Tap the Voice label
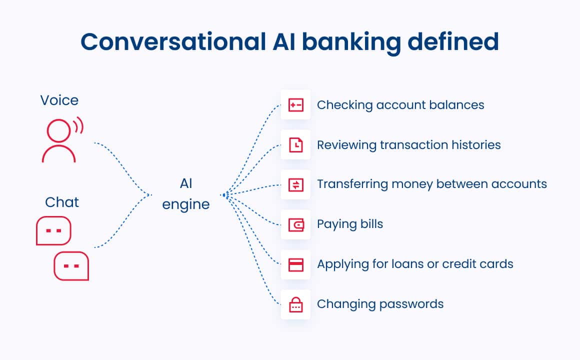click(x=59, y=100)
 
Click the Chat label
click(x=62, y=202)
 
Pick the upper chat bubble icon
click(x=53, y=230)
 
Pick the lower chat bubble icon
click(x=71, y=265)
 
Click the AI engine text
click(x=186, y=194)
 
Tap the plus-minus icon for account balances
click(x=295, y=105)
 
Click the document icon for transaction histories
click(x=295, y=145)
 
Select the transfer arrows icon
click(x=295, y=185)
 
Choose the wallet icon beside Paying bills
click(x=295, y=225)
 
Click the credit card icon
click(x=295, y=265)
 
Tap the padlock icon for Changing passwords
click(x=295, y=304)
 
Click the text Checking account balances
click(x=400, y=105)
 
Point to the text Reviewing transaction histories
click(x=408, y=145)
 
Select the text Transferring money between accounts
click(x=432, y=184)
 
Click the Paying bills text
click(x=350, y=224)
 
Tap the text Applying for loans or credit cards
click(x=415, y=264)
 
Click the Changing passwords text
click(x=380, y=304)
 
